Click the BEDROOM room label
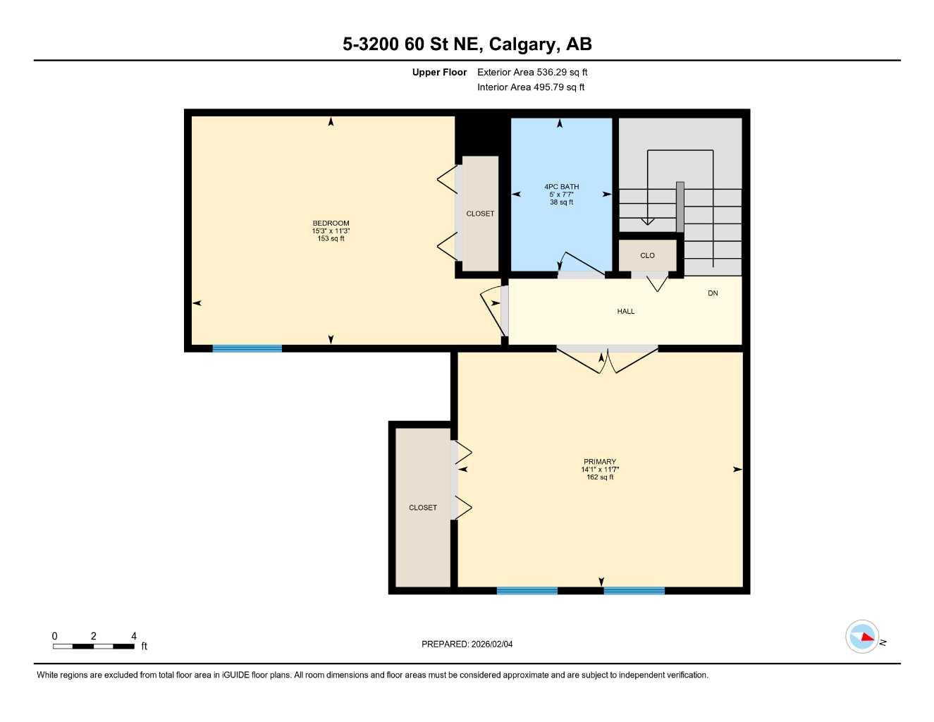click(x=331, y=223)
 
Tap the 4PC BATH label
click(x=561, y=187)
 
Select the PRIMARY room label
click(x=599, y=462)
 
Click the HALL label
click(x=625, y=311)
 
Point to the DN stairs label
click(x=713, y=293)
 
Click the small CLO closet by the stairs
click(x=647, y=255)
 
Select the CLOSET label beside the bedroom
click(x=480, y=214)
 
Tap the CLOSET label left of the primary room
click(x=423, y=508)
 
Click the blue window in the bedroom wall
click(x=247, y=348)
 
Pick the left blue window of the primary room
click(x=527, y=591)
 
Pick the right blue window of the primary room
click(x=634, y=591)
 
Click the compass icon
click(x=862, y=637)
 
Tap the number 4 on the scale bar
click(x=133, y=636)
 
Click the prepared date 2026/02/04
click(x=492, y=644)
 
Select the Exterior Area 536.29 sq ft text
click(x=532, y=72)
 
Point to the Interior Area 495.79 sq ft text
click(x=531, y=87)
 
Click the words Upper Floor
click(x=439, y=72)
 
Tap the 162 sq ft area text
click(x=600, y=477)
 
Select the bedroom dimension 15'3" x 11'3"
click(x=331, y=231)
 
